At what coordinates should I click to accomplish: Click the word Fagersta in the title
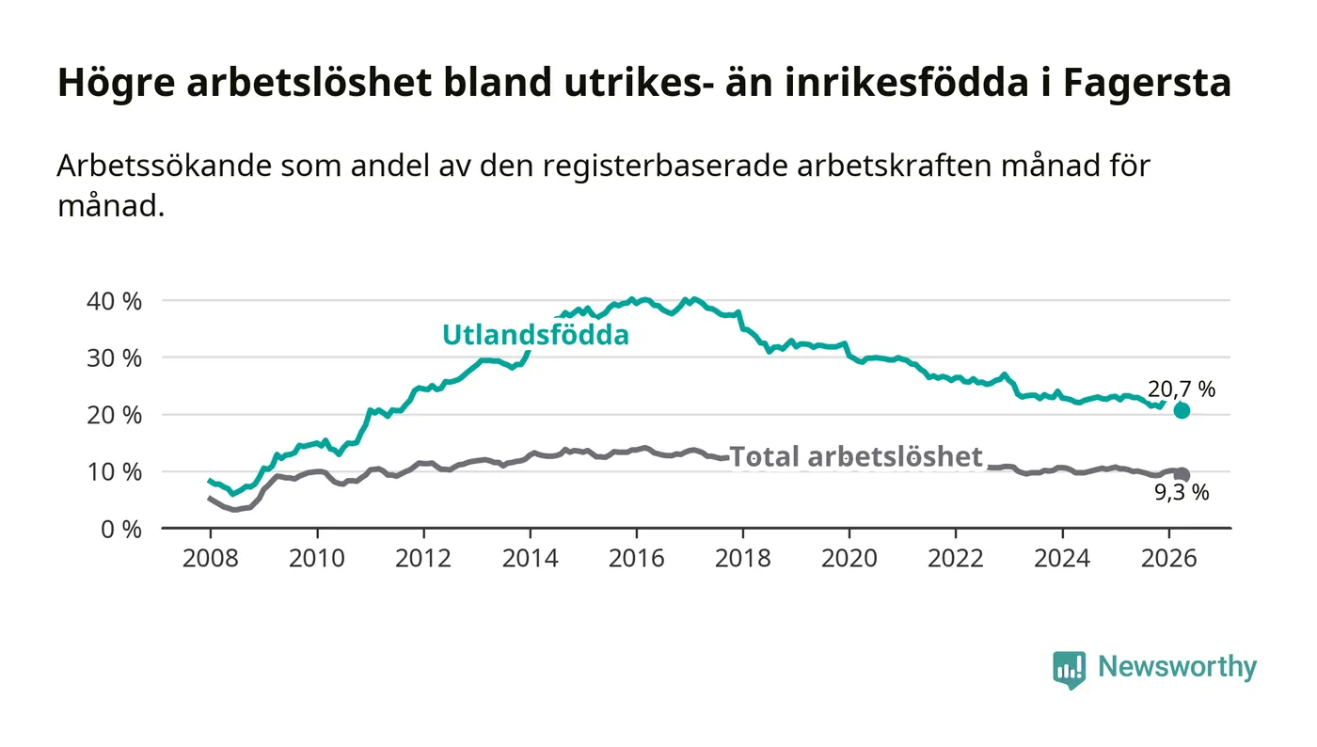pos(1147,83)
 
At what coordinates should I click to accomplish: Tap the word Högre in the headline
pos(116,83)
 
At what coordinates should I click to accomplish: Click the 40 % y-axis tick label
pos(114,301)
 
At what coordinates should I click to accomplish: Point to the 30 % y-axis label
pos(114,358)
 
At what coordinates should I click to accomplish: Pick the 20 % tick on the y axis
pos(114,415)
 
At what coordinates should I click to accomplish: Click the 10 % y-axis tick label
pos(114,471)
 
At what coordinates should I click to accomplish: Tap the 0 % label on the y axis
pos(121,530)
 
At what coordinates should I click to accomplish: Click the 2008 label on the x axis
pos(211,558)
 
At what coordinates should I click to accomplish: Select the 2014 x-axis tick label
pos(531,558)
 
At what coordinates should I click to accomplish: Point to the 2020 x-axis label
pos(849,558)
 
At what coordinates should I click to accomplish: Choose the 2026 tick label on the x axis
pos(1168,558)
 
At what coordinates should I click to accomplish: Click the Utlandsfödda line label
pos(535,335)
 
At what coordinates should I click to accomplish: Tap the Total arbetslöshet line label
pos(856,456)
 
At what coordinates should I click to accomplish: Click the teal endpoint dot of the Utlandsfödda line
pos(1182,410)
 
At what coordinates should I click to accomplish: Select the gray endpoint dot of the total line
pos(1182,475)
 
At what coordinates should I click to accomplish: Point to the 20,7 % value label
pos(1182,389)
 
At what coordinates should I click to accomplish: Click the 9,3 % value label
pos(1182,492)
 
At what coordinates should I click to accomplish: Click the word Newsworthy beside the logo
pos(1177,667)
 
